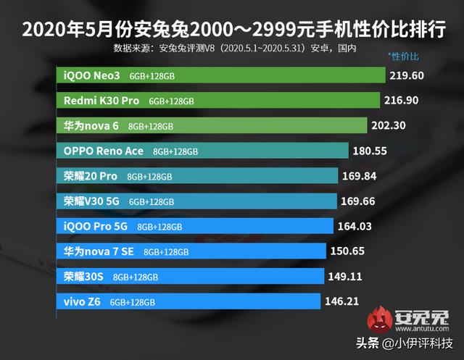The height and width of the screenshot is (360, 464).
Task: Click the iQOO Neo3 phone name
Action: [93, 75]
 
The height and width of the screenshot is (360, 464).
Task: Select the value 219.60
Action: [407, 75]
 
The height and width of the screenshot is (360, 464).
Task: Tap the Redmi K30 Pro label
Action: [101, 100]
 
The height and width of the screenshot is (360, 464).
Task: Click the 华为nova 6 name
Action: [91, 125]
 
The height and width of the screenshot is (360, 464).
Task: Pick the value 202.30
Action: [387, 125]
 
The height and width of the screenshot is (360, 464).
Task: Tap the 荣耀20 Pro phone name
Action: [91, 176]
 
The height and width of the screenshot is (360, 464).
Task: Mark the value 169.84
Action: [362, 176]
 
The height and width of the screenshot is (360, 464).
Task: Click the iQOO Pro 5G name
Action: [96, 226]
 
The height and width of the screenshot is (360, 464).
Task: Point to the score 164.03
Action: [355, 227]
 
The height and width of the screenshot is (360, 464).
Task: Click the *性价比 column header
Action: [403, 55]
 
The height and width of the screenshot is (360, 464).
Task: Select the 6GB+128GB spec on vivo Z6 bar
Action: [131, 302]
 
